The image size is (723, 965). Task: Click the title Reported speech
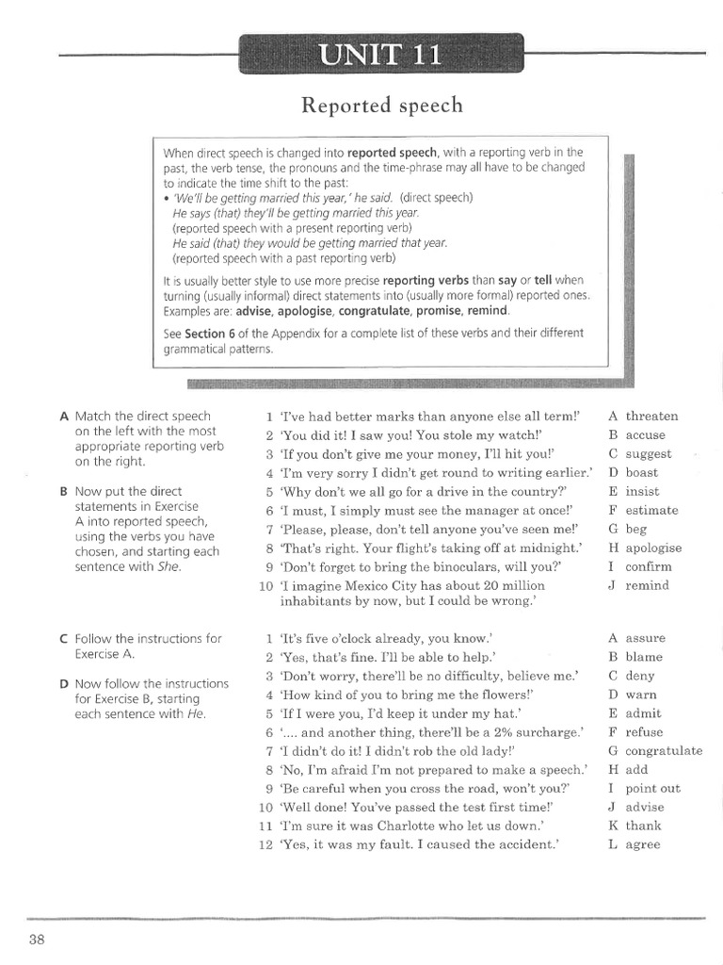pos(381,106)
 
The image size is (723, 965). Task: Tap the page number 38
pos(39,939)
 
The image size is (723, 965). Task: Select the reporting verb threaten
pos(651,416)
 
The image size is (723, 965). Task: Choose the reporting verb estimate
pos(651,510)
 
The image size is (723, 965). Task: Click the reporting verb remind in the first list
pos(647,585)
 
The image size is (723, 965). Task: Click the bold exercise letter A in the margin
pos(64,416)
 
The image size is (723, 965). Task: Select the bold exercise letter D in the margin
pos(64,683)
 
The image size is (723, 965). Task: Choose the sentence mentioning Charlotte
pos(413,826)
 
